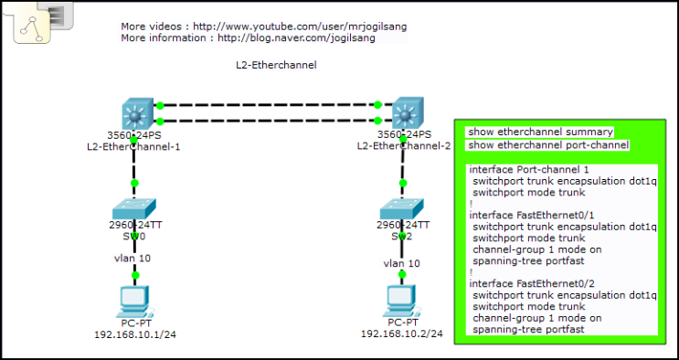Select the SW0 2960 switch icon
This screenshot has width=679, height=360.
[x=134, y=207]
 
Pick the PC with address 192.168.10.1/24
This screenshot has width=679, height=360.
[x=135, y=300]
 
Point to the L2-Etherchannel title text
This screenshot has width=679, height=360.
[x=275, y=66]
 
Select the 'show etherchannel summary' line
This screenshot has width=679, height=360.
[x=539, y=132]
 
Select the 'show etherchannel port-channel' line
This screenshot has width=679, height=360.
[x=547, y=144]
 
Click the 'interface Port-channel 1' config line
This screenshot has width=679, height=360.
[x=528, y=170]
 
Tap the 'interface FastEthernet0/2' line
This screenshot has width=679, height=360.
[x=531, y=284]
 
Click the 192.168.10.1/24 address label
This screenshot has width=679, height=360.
[x=135, y=334]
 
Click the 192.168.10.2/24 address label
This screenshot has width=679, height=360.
[x=401, y=334]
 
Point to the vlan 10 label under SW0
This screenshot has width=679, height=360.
[x=126, y=259]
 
